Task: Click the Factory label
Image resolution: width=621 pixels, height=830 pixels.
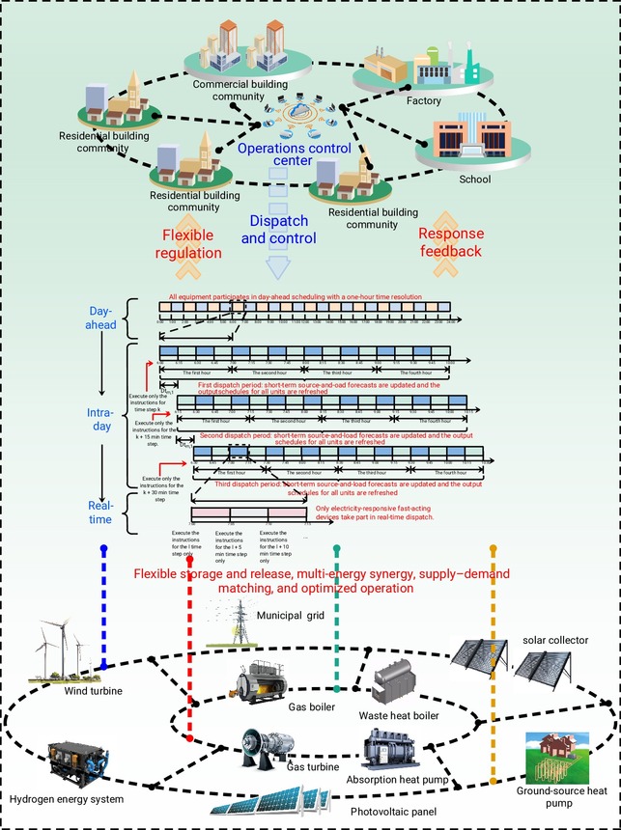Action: click(424, 100)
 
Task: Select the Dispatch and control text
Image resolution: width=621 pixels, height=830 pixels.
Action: click(278, 230)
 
